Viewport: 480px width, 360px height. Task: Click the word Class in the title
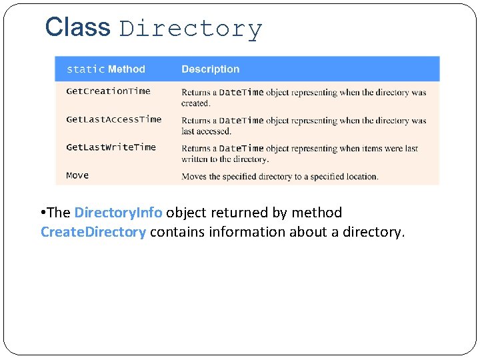pyautogui.click(x=77, y=27)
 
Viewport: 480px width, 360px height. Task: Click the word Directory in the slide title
pyautogui.click(x=191, y=29)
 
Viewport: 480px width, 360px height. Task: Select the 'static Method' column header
pyautogui.click(x=105, y=69)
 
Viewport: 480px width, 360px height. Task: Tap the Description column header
pyautogui.click(x=210, y=69)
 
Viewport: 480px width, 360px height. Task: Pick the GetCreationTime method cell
pyautogui.click(x=108, y=91)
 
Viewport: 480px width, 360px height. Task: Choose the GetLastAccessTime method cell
pyautogui.click(x=113, y=119)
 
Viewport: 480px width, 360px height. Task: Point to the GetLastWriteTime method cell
pyautogui.click(x=111, y=147)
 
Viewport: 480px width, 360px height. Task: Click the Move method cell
pyautogui.click(x=77, y=175)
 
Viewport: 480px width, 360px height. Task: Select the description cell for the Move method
pyautogui.click(x=280, y=176)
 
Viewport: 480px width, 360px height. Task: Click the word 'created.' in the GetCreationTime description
pyautogui.click(x=195, y=103)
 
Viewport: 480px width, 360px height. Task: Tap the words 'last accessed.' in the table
pyautogui.click(x=207, y=131)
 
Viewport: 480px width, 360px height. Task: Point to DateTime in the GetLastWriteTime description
pyautogui.click(x=241, y=148)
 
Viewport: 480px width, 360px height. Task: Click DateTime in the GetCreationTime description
pyautogui.click(x=241, y=92)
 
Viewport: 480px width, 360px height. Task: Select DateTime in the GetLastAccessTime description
pyautogui.click(x=241, y=120)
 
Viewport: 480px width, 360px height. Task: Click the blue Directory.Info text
pyautogui.click(x=118, y=213)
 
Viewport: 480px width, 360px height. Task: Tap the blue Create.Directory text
pyautogui.click(x=93, y=232)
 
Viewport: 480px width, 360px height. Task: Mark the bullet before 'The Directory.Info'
pyautogui.click(x=42, y=213)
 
